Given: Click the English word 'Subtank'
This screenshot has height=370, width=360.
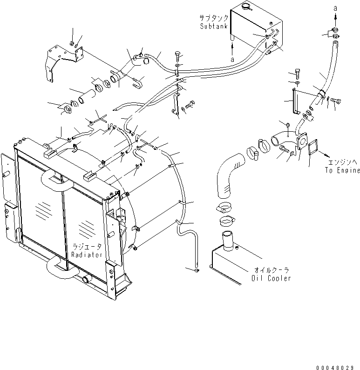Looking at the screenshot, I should pos(214,27).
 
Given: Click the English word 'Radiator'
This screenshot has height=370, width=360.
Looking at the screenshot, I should pos(86,255).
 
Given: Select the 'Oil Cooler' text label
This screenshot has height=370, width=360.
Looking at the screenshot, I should pos(271,278).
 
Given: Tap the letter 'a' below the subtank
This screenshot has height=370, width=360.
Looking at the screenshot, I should pos(232,60).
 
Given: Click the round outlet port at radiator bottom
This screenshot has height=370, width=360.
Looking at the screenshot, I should pos(86,280).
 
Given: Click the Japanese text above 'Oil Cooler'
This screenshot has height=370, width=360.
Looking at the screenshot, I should pos(271,270).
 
